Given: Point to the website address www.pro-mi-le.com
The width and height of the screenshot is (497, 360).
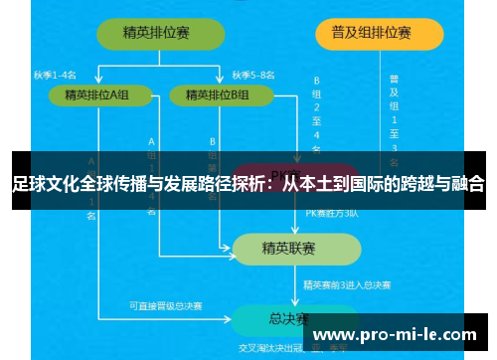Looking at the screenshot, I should [x=395, y=334].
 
